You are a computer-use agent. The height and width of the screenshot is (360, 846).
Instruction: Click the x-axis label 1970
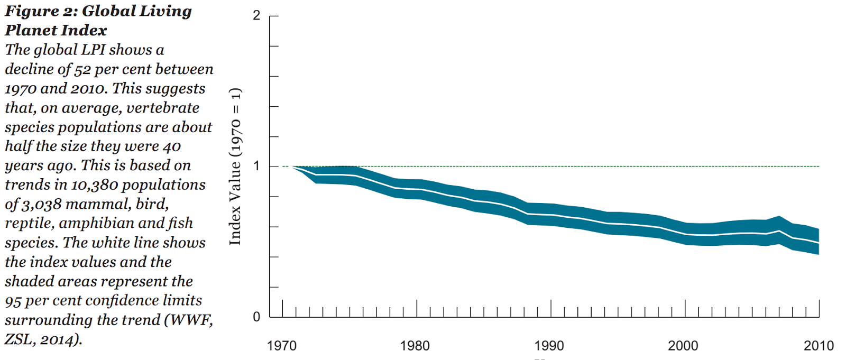click(x=282, y=346)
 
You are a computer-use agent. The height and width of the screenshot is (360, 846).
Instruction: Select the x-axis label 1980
click(x=415, y=346)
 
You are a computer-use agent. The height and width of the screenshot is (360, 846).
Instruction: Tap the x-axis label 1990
click(x=549, y=346)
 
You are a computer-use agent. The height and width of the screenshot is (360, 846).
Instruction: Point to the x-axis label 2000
click(x=683, y=346)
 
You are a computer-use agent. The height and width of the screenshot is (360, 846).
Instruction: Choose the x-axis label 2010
click(x=819, y=346)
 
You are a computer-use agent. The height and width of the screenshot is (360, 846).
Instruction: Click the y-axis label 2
click(x=256, y=15)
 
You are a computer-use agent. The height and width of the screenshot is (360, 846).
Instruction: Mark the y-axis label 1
click(x=256, y=166)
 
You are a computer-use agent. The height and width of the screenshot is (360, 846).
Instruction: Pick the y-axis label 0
click(x=256, y=317)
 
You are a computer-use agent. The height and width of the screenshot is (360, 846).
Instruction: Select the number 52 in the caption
click(x=82, y=69)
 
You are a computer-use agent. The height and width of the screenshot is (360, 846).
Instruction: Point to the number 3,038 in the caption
click(x=42, y=204)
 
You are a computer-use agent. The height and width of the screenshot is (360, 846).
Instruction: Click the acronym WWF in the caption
click(x=192, y=320)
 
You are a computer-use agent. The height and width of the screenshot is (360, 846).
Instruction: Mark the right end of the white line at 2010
click(x=819, y=243)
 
